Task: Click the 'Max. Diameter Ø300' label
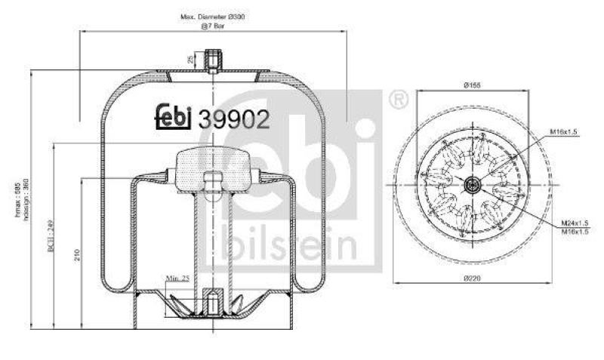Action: pos(211,16)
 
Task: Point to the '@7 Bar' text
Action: pos(212,26)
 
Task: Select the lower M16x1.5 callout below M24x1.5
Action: pos(575,232)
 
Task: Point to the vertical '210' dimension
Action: pos(77,255)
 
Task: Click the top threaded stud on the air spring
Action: pos(214,59)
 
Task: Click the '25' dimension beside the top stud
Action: pos(193,58)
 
